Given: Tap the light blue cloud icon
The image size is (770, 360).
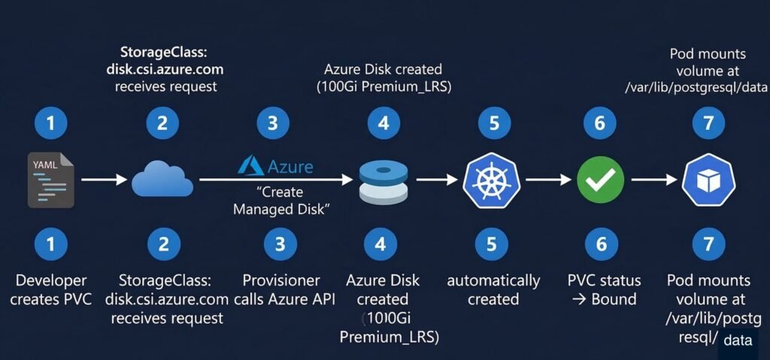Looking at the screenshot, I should pos(162,180).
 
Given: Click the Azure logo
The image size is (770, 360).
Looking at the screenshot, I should pos(275,165).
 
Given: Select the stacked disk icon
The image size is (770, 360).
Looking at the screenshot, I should pos(383,181).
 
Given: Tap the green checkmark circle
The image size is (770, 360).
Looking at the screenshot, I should pos(599,180).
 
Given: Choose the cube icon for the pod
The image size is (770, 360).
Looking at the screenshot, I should pos(708,181).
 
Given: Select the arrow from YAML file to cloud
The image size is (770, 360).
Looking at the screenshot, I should pos(102,180).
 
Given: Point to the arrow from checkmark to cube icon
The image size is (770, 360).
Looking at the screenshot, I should pos(654,180).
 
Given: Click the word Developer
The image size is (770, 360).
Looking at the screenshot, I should pos(51,280).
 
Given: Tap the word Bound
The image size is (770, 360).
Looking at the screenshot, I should pos(614,299).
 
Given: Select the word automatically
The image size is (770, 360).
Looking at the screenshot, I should pos(493,281).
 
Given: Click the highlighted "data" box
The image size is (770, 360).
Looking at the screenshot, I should pos(738,340).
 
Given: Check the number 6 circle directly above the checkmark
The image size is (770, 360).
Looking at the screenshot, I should pos(599,123).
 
